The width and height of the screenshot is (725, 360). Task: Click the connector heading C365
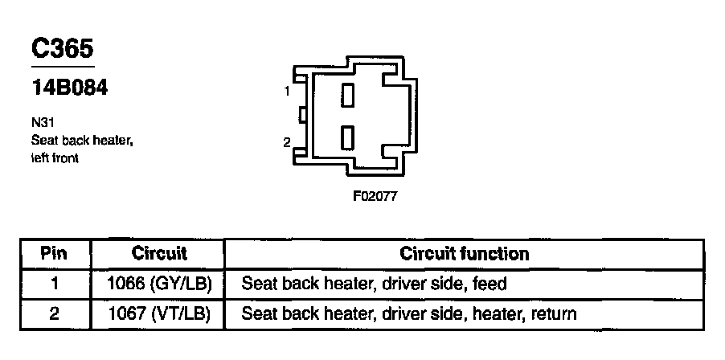tap(63, 48)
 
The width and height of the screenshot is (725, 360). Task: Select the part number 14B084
tap(69, 88)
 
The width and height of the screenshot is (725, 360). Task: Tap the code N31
tap(42, 125)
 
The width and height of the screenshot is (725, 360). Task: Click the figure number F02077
tap(375, 195)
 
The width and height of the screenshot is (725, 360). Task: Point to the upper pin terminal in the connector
tap(348, 96)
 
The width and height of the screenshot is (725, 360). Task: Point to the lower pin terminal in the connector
tap(348, 137)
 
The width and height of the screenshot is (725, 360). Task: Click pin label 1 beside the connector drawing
tap(287, 92)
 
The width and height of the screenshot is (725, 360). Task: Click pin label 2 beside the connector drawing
tap(287, 143)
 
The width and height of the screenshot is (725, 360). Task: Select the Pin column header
tap(55, 254)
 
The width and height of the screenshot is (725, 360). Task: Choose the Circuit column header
tap(158, 254)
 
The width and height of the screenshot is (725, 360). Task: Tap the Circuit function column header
tap(464, 254)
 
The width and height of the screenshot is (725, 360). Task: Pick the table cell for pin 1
tap(55, 284)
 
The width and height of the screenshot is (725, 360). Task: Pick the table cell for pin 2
tap(55, 313)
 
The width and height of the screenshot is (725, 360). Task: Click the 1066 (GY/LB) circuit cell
tap(158, 284)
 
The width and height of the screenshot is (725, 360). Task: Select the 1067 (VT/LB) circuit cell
tap(158, 313)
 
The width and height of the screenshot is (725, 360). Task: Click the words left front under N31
tap(55, 158)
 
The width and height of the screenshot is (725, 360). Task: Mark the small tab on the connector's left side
tap(301, 116)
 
